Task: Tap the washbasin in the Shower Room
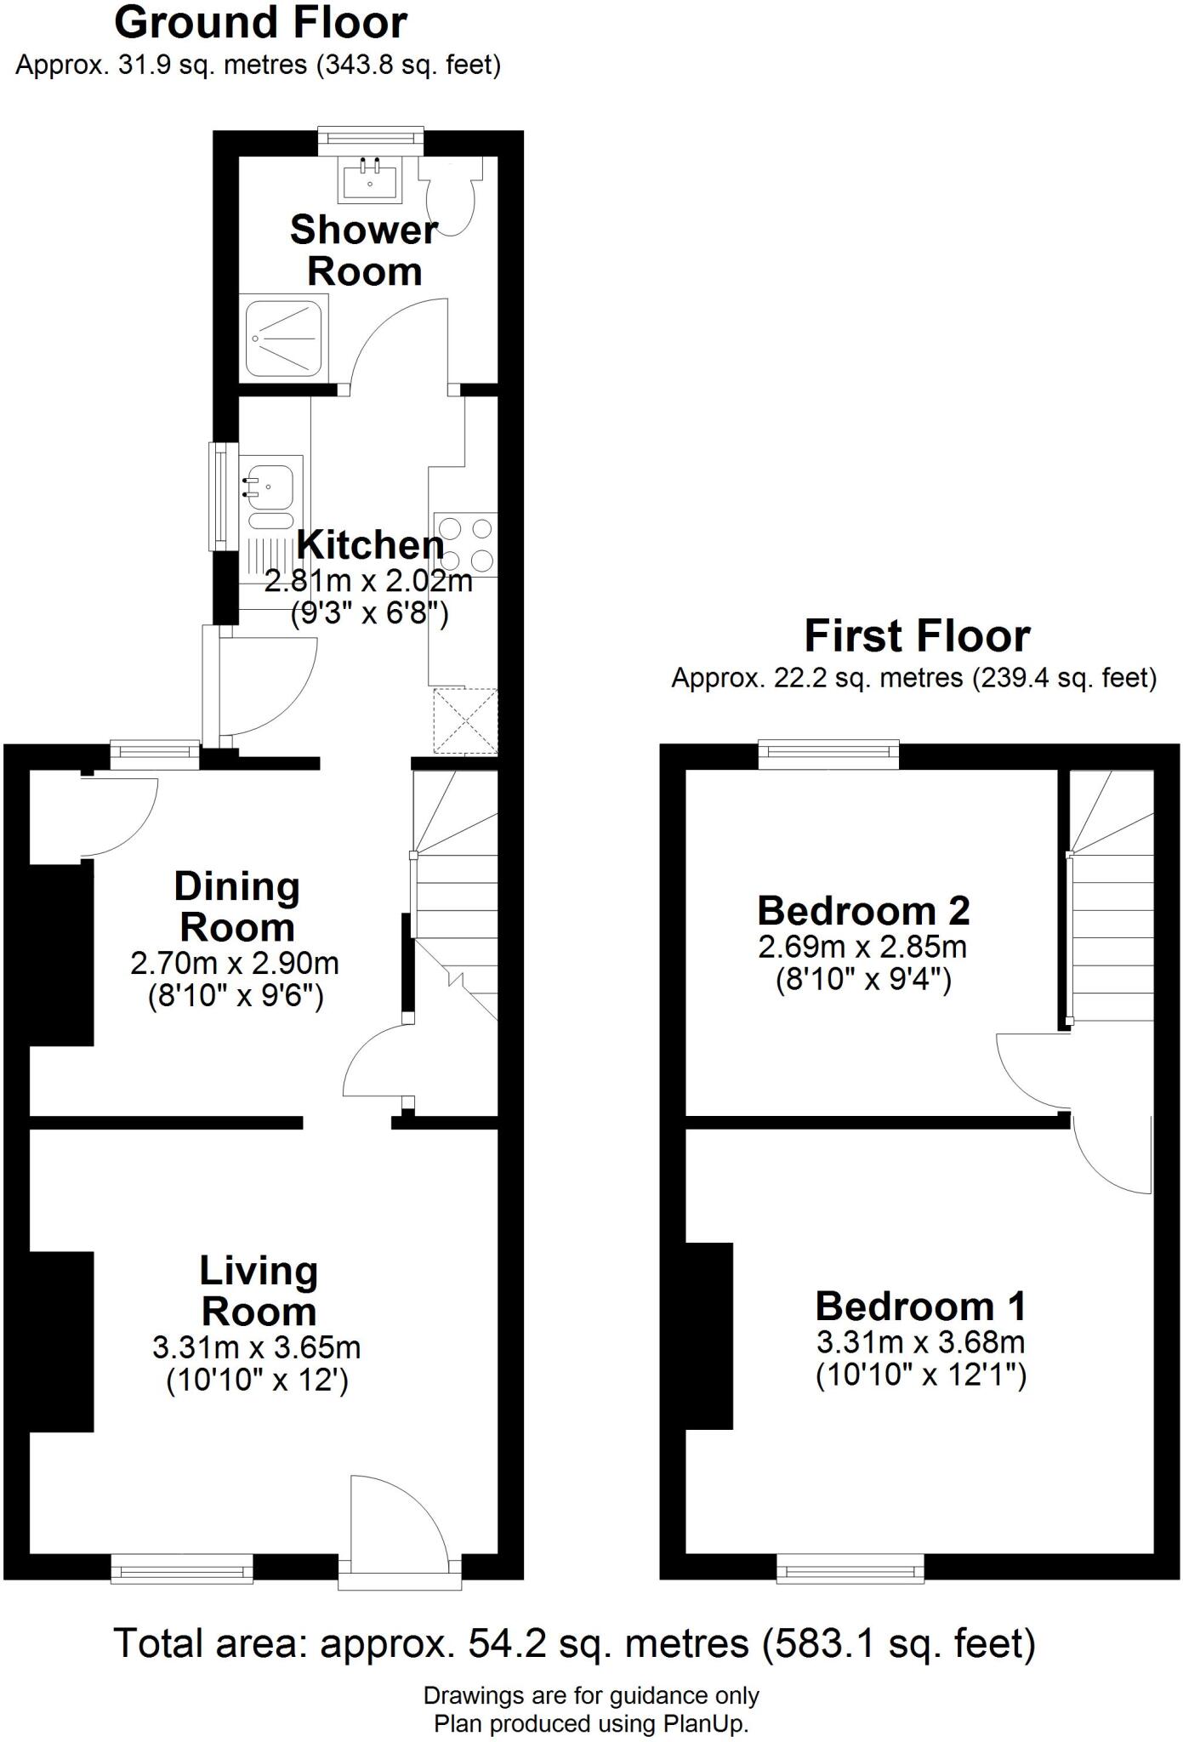point(370,179)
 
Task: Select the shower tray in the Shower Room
point(284,337)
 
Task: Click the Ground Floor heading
point(260,23)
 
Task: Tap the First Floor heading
point(917,636)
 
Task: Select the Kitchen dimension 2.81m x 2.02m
point(368,583)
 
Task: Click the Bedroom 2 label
point(863,911)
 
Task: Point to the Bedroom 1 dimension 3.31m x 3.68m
point(920,1343)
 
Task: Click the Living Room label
point(259,1291)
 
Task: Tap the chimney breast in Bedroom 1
point(710,1335)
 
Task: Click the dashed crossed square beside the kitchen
point(465,720)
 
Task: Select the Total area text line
point(575,1643)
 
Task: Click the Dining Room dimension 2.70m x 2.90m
point(235,964)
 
